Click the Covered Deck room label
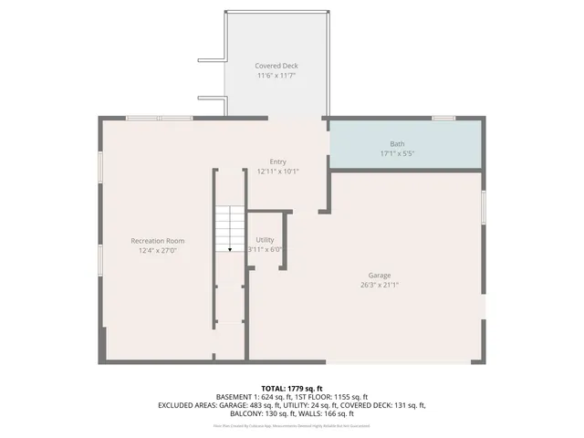276,66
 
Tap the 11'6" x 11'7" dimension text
276,77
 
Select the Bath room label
397,143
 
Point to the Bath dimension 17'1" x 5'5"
397,153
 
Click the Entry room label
277,162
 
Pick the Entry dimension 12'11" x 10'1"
277,171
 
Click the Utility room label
265,240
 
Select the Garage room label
380,275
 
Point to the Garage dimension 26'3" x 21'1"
380,285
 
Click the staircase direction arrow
230,246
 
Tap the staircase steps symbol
230,226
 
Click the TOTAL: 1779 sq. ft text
292,388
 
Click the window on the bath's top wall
443,118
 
